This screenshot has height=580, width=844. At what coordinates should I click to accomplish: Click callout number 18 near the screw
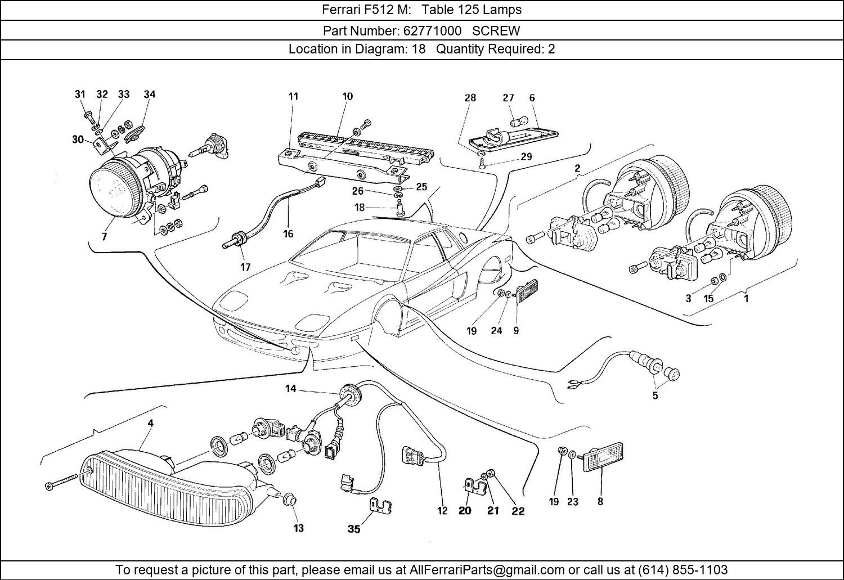(x=360, y=208)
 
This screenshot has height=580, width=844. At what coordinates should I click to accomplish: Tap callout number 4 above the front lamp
(x=150, y=423)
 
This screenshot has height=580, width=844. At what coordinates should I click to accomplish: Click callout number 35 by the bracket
(x=353, y=529)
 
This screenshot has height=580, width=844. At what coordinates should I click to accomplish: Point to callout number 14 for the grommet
(x=290, y=388)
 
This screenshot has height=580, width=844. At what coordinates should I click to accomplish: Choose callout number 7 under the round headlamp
(x=104, y=237)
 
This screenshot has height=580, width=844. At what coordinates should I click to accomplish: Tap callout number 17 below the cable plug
(x=245, y=267)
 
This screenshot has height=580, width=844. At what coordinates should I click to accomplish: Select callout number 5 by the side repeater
(x=655, y=395)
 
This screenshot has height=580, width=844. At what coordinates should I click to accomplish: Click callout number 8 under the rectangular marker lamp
(x=600, y=501)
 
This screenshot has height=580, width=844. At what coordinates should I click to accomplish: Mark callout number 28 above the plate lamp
(x=470, y=98)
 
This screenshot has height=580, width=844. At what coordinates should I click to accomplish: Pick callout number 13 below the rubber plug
(x=298, y=528)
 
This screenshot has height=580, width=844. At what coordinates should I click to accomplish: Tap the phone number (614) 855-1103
(x=685, y=569)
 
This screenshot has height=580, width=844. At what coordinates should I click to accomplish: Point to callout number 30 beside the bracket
(x=78, y=140)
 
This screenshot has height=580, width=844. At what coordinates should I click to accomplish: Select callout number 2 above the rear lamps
(x=577, y=168)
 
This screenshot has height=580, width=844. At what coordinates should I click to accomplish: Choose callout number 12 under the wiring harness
(x=442, y=511)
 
